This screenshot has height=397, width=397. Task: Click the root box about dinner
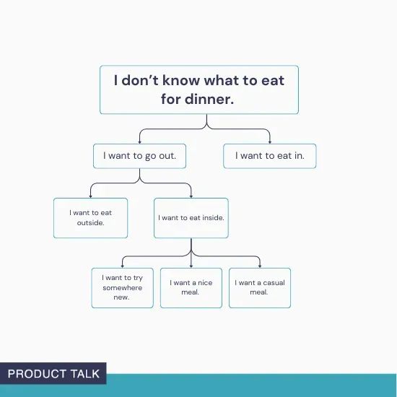point(198,90)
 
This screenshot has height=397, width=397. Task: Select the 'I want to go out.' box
point(139,155)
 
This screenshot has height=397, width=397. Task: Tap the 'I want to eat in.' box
point(269,155)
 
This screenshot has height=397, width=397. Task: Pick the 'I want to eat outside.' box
point(90,217)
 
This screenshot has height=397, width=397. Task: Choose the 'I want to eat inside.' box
point(191,217)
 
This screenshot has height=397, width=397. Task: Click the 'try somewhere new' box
point(122,287)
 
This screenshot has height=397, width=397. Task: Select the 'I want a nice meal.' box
point(191,287)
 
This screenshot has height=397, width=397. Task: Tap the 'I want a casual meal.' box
point(260,287)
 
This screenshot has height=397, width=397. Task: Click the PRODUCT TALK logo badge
point(53,373)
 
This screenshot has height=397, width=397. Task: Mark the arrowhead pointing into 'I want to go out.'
point(139,141)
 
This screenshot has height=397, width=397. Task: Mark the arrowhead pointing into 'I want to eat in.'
point(269,141)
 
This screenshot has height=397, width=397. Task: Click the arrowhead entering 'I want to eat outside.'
point(90,195)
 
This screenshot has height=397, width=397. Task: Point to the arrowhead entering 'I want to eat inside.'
point(191,195)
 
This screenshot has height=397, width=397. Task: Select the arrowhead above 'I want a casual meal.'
point(260,265)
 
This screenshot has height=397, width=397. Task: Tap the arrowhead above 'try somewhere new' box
point(122,265)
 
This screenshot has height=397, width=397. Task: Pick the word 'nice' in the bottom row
point(205,283)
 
